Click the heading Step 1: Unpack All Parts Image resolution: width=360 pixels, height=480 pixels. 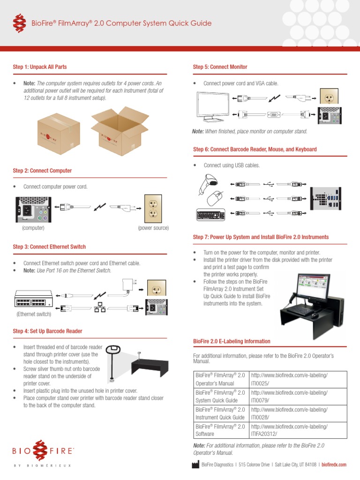coord(39,67)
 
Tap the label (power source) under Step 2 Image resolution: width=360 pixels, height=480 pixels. coord(153,228)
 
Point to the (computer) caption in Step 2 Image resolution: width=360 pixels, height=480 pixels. coord(33,228)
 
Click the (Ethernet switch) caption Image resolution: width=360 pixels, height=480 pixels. coord(34,314)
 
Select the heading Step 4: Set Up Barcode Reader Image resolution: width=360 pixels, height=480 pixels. coord(47,331)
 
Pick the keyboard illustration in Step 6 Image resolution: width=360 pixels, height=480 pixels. coord(210,215)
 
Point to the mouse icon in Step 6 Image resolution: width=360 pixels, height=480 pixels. coord(216,198)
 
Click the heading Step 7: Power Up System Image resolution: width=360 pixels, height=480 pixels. coord(261,237)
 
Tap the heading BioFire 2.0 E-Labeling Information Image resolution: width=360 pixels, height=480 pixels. coord(232,341)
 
